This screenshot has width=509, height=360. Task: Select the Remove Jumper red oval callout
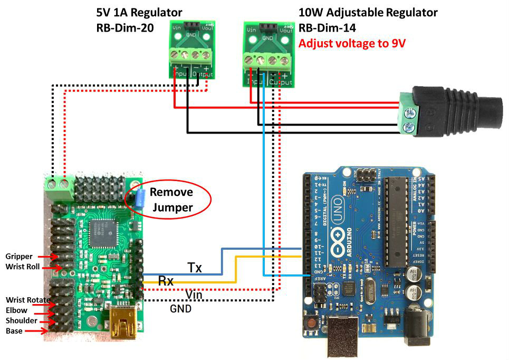[171, 200]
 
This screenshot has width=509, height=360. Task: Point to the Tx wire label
[195, 268]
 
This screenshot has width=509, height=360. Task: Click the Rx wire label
[166, 281]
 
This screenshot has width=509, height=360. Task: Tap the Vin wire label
[194, 295]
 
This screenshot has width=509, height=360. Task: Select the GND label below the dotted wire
[181, 309]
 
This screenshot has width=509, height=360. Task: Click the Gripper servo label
[19, 257]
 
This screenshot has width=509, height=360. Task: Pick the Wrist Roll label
[23, 267]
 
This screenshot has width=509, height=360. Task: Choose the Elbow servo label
[16, 310]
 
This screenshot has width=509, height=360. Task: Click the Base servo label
[14, 331]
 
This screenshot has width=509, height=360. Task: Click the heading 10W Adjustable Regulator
[368, 12]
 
